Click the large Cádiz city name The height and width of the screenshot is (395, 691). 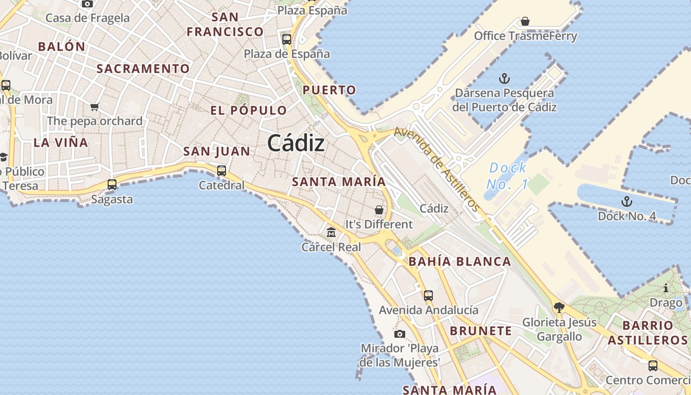coord(296,144)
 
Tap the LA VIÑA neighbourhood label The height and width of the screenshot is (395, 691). coord(61,143)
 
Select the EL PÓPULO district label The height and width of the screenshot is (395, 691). coord(248,110)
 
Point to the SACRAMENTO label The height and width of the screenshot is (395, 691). coord(143,69)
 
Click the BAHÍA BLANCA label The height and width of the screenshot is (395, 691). coord(460,262)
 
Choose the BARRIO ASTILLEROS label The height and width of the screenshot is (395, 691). coord(648,333)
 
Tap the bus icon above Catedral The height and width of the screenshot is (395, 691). coord(222,171)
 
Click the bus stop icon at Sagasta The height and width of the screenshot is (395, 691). coord(112,185)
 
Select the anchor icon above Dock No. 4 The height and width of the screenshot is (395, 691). coord(626,201)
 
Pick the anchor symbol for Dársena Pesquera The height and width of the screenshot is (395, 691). coord(504,79)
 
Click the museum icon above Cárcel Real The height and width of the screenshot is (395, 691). coord(331,232)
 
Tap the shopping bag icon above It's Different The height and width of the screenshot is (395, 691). coord(379,210)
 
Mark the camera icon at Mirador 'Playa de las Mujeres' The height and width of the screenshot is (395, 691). coord(400,334)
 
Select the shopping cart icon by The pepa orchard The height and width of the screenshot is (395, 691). coord(94,107)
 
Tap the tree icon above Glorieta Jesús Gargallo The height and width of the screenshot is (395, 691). coord(559,308)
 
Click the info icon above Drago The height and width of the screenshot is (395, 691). coord(666,288)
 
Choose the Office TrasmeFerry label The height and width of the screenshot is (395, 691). coord(525,36)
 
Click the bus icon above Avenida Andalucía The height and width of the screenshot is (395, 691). coord(428,296)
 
